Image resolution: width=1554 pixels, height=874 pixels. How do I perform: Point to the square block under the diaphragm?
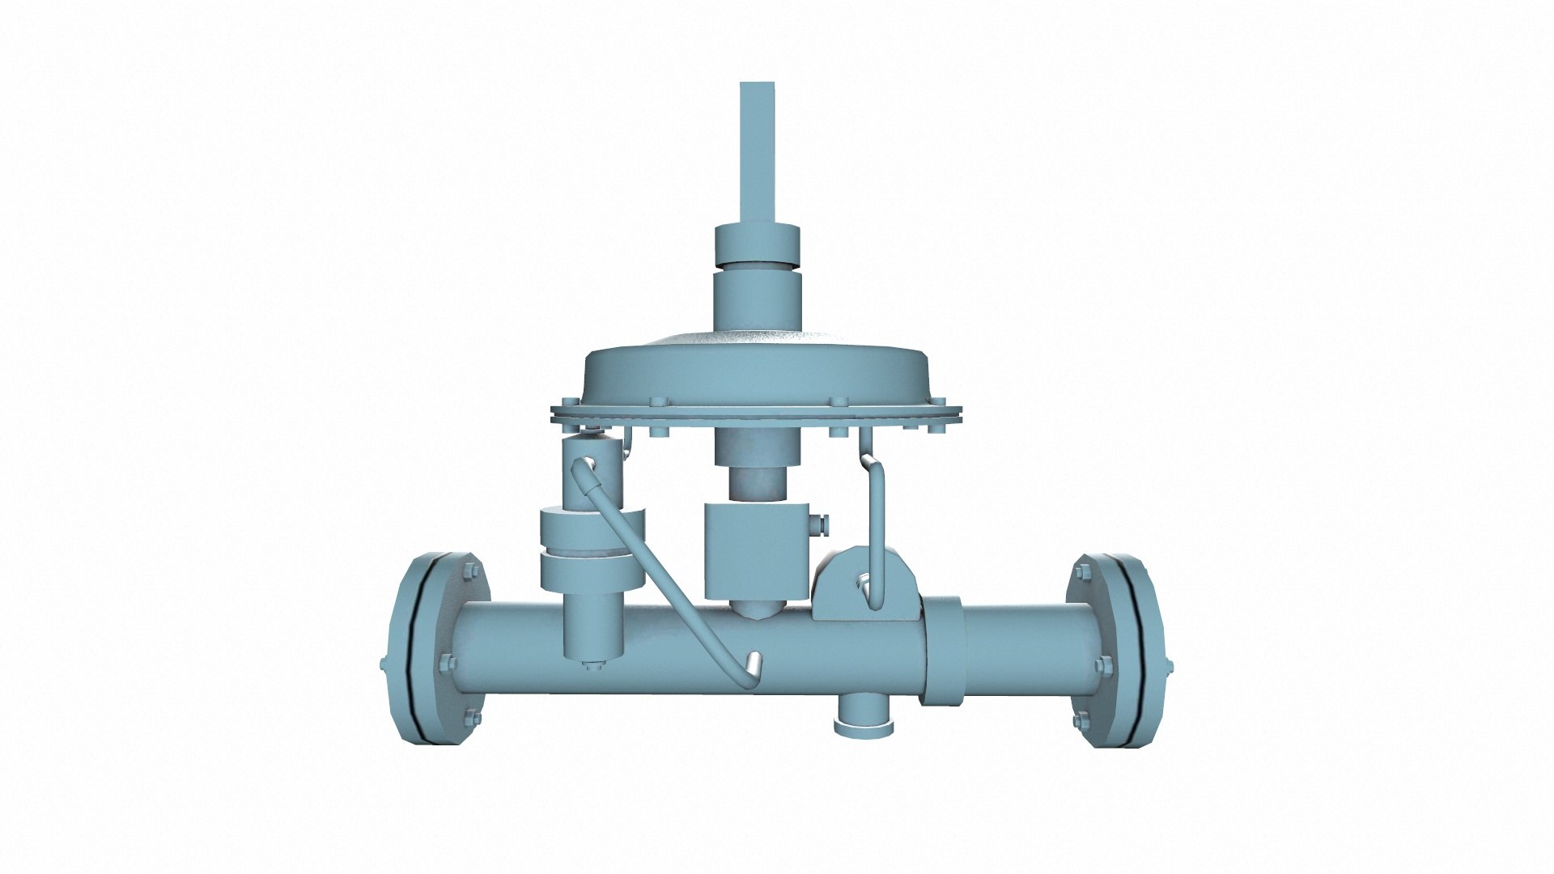coord(756,550)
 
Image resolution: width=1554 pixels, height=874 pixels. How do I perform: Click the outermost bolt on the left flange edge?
coord(384,664)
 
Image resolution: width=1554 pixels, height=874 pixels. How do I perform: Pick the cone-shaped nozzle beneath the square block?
coord(756,609)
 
